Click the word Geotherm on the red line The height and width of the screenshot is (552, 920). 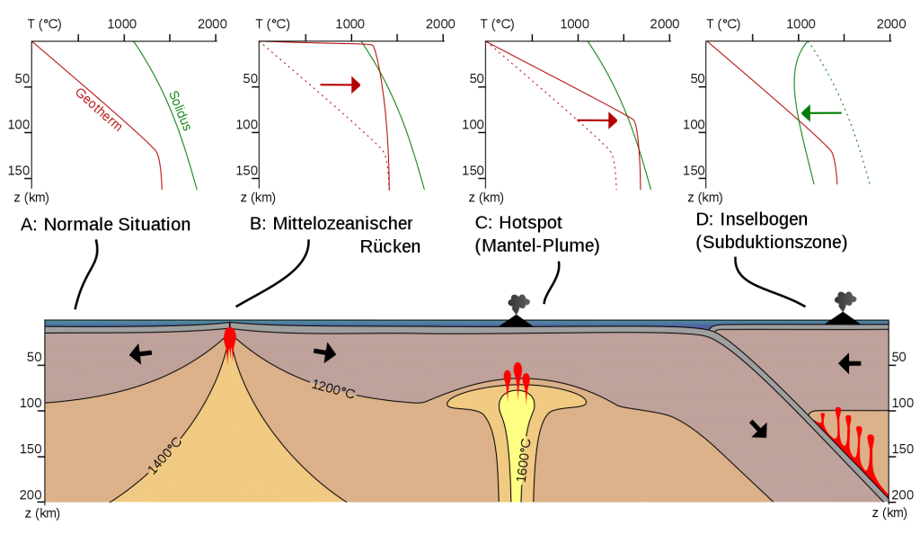[99, 110]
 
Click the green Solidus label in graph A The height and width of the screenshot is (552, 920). [180, 111]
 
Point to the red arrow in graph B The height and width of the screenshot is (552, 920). [340, 85]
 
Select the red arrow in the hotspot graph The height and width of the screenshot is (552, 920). [597, 120]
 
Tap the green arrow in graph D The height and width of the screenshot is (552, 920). [821, 112]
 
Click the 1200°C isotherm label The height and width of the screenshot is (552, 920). [333, 388]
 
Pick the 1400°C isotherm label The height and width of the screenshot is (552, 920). [164, 455]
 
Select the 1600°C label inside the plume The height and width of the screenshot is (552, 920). [523, 460]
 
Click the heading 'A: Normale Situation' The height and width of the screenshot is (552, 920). [106, 225]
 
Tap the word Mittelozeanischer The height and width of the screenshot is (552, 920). [342, 223]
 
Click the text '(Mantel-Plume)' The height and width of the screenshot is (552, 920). [537, 245]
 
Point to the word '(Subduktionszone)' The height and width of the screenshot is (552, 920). [772, 242]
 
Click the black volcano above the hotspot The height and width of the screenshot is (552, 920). [516, 321]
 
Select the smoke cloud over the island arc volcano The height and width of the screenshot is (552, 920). [845, 301]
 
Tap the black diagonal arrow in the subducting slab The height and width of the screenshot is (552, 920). [758, 429]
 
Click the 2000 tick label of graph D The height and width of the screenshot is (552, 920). [891, 23]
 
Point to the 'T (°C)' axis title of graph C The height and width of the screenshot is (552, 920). [497, 24]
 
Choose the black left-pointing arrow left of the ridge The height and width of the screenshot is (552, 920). [140, 353]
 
